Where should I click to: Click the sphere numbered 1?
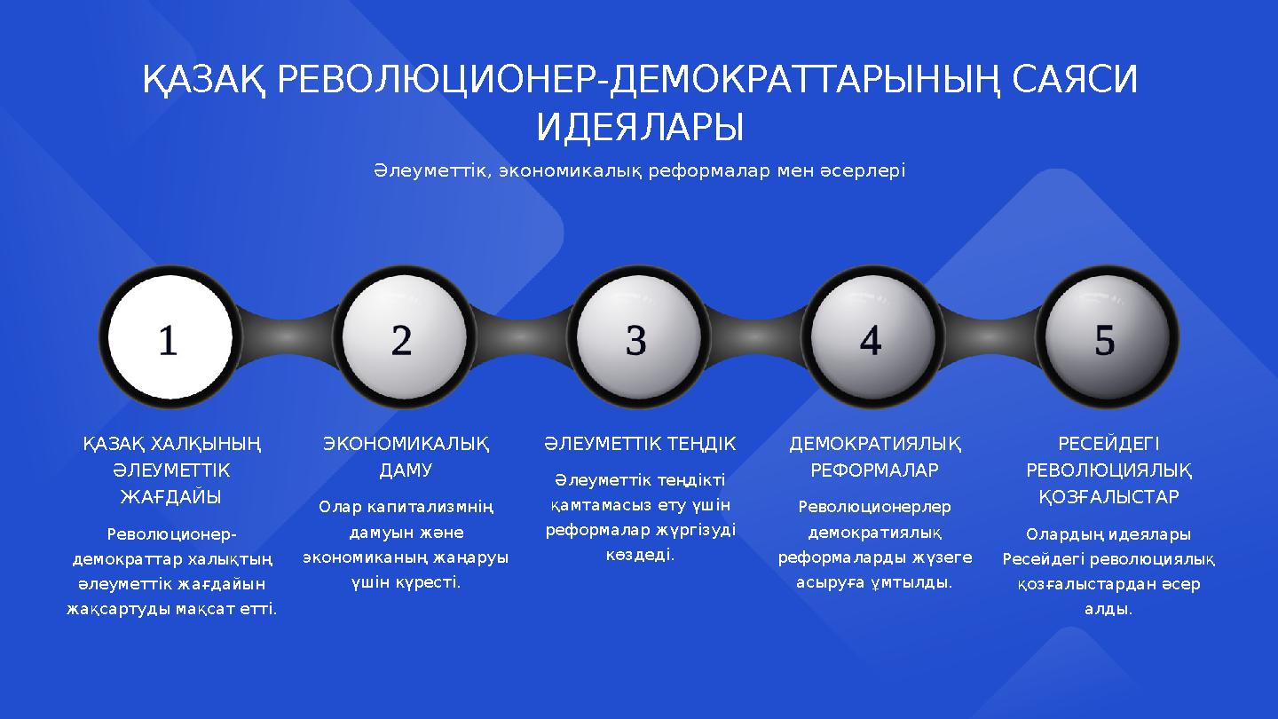click(x=169, y=339)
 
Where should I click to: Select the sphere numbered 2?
click(x=403, y=339)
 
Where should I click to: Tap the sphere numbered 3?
click(x=637, y=339)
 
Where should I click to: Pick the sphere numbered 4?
click(x=872, y=339)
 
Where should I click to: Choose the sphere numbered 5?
click(x=1106, y=339)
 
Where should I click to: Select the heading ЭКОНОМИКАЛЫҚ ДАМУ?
click(x=406, y=456)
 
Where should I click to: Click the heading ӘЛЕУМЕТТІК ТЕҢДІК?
click(x=640, y=443)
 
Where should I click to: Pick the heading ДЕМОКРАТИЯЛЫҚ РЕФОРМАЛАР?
click(x=874, y=456)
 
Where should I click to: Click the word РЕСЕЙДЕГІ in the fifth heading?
click(x=1108, y=443)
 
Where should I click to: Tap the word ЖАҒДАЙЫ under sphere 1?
click(x=171, y=496)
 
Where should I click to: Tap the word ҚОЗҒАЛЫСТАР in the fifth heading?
click(x=1108, y=497)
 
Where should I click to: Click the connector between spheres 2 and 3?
click(x=520, y=339)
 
